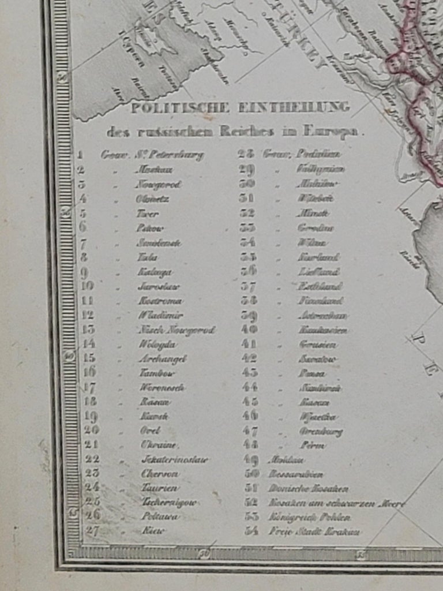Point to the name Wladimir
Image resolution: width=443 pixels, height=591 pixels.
tap(160, 315)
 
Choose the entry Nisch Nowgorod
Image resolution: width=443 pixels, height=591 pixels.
tap(176, 330)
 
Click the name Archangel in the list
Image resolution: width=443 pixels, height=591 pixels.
tap(163, 358)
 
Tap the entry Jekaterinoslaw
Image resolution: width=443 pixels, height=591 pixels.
tap(175, 460)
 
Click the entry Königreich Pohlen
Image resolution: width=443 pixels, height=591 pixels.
tap(310, 517)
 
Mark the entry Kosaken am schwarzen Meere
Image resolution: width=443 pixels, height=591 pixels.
tap(337, 503)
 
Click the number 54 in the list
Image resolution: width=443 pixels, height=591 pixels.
tap(251, 531)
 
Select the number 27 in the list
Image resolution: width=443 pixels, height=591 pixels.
tap(92, 531)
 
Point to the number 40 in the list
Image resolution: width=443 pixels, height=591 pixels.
tap(249, 330)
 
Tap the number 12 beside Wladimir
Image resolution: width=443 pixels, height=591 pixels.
tap(88, 315)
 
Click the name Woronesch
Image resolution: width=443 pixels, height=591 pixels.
tap(162, 387)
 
